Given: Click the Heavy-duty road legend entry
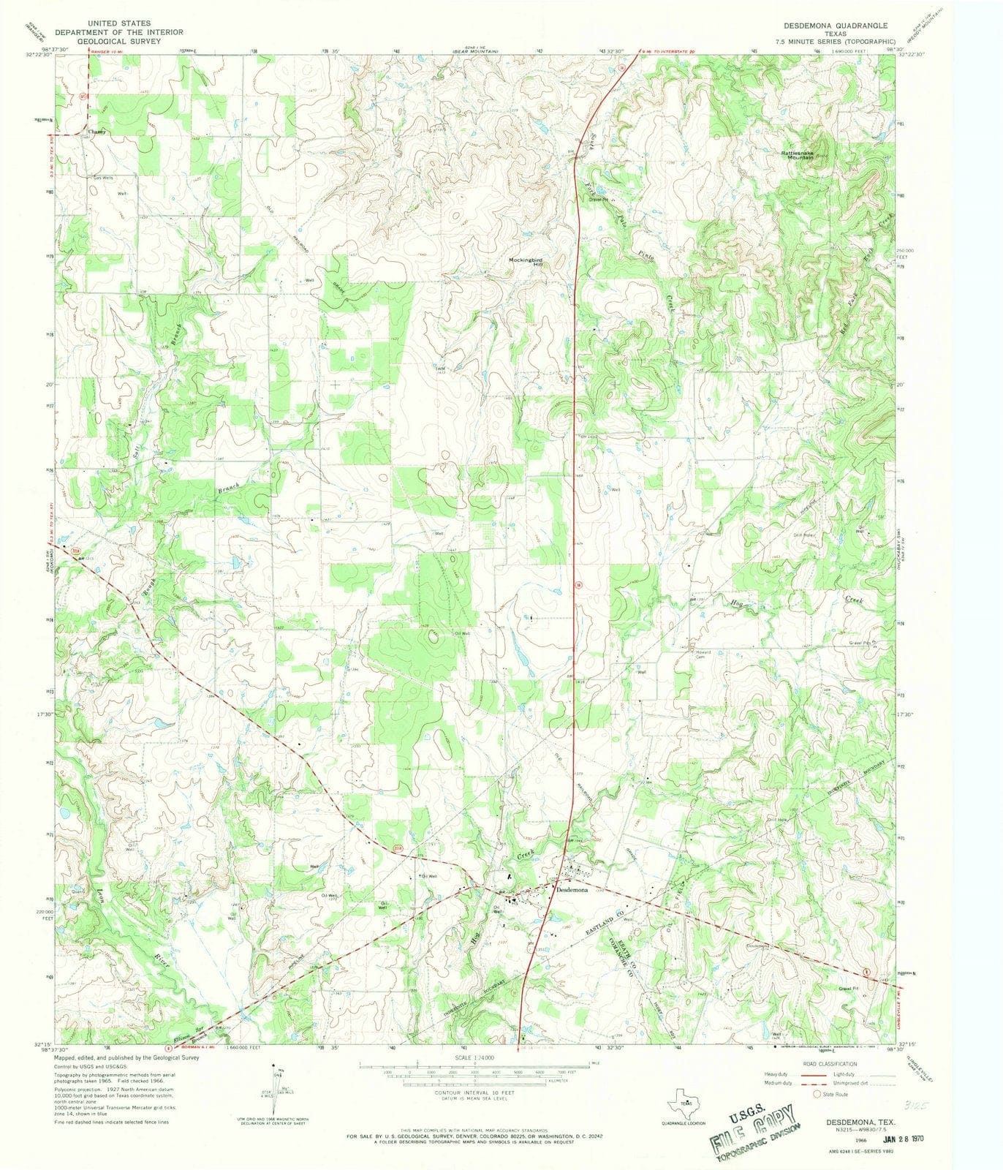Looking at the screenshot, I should coord(776,1074).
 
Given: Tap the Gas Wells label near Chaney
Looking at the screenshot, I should coord(102,178).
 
